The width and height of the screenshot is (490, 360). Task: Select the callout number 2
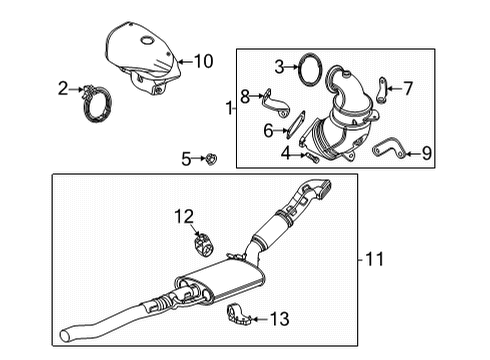(x=63, y=89)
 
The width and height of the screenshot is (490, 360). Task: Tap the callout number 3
(x=280, y=67)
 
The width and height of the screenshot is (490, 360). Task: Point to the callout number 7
(x=408, y=88)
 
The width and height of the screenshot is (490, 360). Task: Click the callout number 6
(x=268, y=130)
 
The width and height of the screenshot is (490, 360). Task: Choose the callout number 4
(x=285, y=153)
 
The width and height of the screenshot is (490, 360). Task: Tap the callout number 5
(x=185, y=157)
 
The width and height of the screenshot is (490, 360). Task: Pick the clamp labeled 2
(x=101, y=96)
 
